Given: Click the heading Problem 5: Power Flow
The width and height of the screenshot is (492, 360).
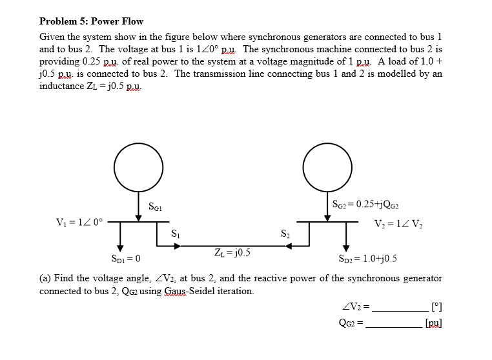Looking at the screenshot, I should (x=91, y=21).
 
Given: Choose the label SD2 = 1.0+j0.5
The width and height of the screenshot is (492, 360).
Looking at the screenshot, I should (x=366, y=259).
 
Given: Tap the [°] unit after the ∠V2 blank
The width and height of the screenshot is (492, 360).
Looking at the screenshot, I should (x=436, y=305).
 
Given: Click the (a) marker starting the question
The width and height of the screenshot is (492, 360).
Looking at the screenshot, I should (x=45, y=278).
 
